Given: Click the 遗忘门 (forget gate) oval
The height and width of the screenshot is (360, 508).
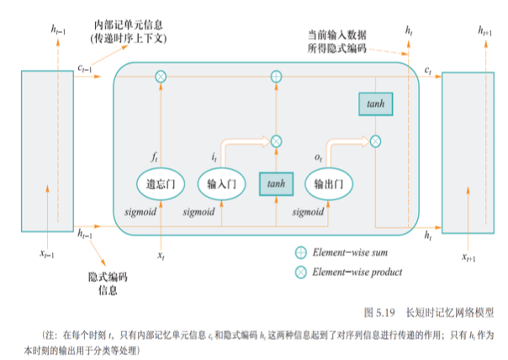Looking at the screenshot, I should click(160, 183).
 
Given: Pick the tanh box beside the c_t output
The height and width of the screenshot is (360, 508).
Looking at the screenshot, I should click(376, 103).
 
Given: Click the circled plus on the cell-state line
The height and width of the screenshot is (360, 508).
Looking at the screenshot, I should click(275, 77).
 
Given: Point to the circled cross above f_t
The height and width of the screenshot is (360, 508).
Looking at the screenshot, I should click(161, 77).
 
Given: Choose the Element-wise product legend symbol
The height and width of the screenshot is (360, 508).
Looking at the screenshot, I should click(300, 272).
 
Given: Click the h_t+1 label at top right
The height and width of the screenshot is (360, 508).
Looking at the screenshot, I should click(486, 31).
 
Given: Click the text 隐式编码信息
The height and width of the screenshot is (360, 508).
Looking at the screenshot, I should click(108, 283).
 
